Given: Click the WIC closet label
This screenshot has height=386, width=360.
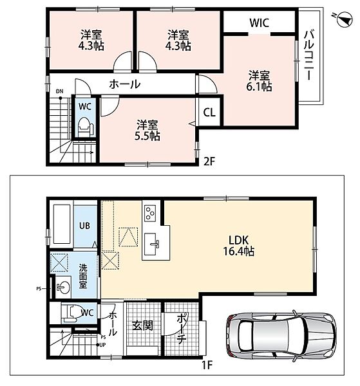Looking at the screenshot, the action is [260, 23].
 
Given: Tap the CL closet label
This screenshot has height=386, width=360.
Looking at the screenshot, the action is [209, 113].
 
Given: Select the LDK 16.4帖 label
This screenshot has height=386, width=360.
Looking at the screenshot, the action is [239, 245].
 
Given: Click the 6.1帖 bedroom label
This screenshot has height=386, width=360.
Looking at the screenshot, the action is [260, 81].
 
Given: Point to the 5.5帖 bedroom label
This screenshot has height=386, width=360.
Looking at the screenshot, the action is [147, 131].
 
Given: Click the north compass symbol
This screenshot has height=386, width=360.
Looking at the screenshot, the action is [345, 19].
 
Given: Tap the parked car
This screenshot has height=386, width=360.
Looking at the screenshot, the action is [281, 336].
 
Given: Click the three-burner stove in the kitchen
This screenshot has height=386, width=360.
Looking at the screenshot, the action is [150, 213].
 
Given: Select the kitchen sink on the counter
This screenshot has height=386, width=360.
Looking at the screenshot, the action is [150, 244].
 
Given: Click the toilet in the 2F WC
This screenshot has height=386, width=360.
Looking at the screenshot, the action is [85, 127].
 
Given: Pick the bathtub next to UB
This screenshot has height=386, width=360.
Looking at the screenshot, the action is [62, 225].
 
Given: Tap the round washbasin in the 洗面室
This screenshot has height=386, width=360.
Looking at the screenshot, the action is [63, 287].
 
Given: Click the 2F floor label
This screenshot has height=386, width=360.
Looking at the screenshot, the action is [209, 161].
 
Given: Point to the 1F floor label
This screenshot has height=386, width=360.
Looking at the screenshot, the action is [207, 365].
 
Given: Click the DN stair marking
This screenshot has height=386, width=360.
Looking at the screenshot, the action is [59, 91].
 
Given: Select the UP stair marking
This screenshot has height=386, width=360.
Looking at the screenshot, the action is [102, 345].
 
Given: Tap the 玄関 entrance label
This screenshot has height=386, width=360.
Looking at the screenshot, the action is [142, 326].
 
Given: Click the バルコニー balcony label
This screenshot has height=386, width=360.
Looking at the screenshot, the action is [308, 55].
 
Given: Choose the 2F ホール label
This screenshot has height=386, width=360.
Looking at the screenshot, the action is [125, 84].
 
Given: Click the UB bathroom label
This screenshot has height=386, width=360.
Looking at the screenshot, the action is [84, 226].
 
